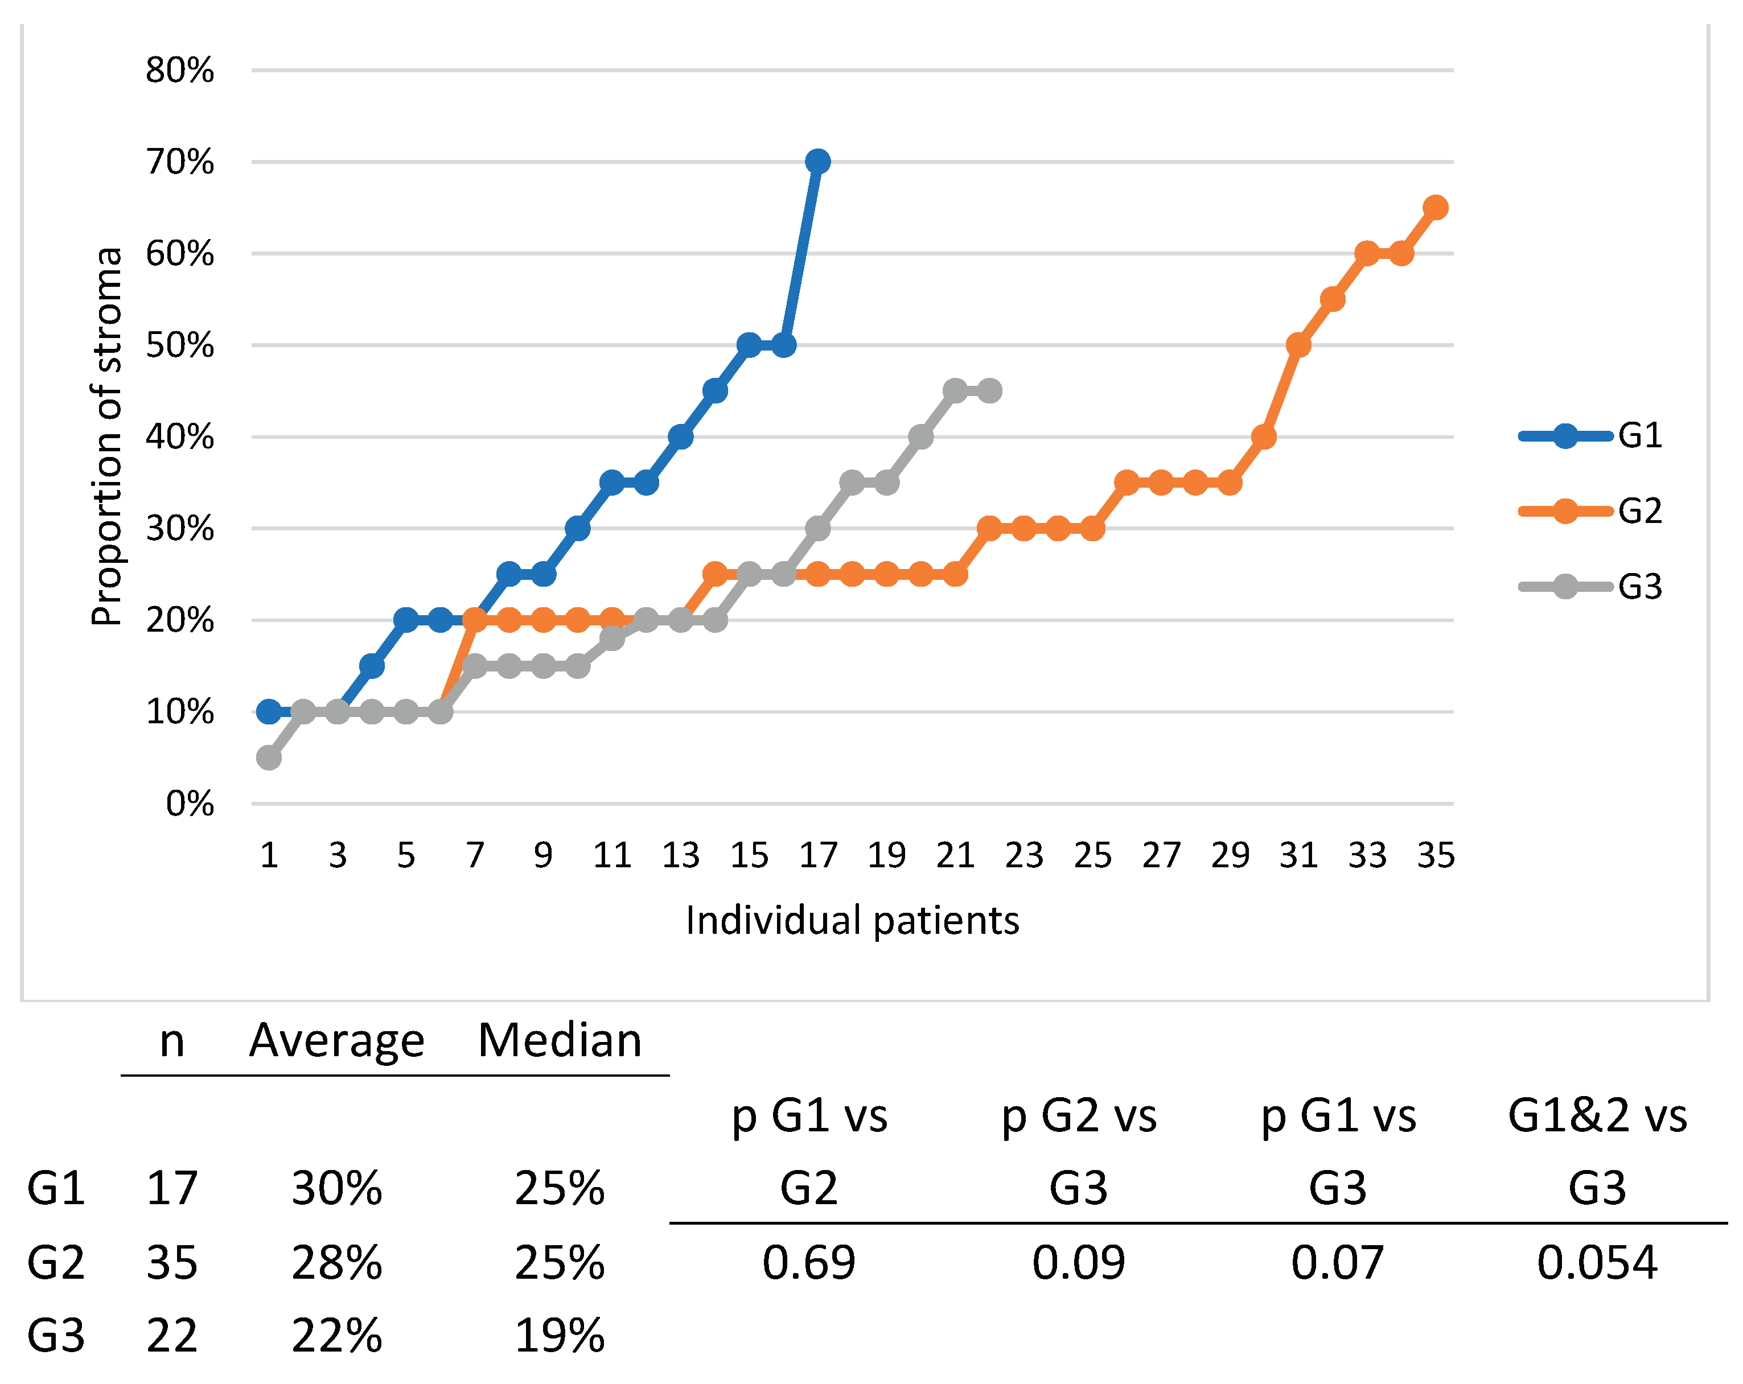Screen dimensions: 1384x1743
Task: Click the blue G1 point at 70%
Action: [817, 162]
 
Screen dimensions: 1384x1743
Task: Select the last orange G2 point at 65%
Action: [1435, 208]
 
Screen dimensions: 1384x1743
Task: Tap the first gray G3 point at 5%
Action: [269, 757]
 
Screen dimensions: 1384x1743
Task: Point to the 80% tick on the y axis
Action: [179, 71]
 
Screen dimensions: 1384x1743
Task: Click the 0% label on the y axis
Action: [190, 804]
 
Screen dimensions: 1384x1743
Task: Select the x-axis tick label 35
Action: [1436, 855]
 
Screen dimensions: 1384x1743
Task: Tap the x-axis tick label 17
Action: [818, 855]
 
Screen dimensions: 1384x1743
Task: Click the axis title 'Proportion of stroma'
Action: [106, 436]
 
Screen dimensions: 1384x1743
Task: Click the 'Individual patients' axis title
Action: [852, 920]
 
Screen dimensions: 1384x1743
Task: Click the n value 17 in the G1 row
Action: [171, 1188]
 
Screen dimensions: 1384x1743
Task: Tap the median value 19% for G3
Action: [560, 1336]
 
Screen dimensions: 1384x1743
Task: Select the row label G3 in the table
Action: [56, 1336]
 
